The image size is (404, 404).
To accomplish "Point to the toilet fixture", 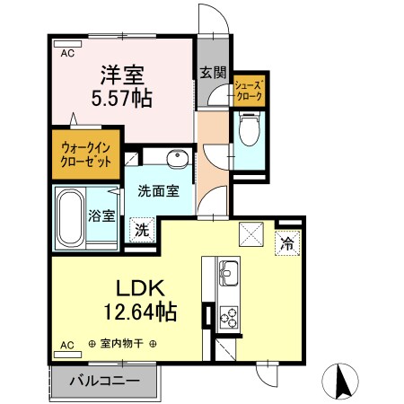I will [x=249, y=132].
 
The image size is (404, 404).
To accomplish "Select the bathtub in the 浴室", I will [x=70, y=218].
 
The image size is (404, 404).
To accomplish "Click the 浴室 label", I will [x=101, y=215].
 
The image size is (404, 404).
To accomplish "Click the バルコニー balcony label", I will [x=106, y=381].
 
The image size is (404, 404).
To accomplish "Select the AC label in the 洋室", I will [x=67, y=53].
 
